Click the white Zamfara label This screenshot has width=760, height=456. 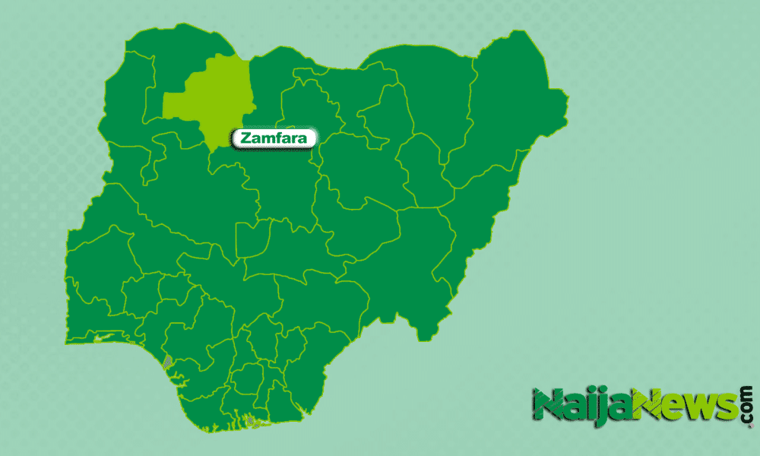click(274, 138)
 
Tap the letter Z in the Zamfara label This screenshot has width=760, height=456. click(246, 138)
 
